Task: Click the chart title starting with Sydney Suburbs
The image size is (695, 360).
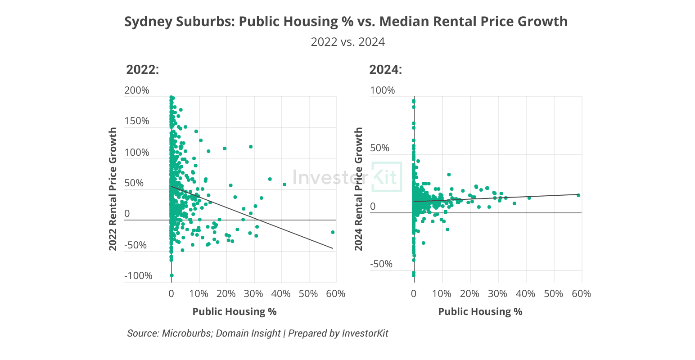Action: [346, 22]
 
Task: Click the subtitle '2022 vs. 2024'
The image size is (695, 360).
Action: [347, 42]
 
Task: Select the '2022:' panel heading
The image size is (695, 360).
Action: [142, 70]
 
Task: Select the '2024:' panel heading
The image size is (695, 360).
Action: [385, 70]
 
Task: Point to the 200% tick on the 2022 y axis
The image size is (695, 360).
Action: [136, 90]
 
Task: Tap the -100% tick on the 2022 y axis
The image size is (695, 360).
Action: [138, 276]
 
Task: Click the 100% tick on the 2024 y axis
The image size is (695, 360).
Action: [382, 90]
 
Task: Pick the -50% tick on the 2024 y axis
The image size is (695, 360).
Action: [381, 264]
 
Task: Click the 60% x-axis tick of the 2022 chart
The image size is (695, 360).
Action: [336, 294]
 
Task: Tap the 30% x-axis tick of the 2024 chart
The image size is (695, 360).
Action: [497, 294]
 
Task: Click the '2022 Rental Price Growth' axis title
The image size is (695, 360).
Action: [113, 189]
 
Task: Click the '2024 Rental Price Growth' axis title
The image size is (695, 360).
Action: [359, 189]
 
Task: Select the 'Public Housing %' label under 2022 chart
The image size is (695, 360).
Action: [235, 311]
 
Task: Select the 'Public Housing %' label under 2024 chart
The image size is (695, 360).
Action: [480, 311]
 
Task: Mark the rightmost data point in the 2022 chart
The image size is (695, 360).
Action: [333, 232]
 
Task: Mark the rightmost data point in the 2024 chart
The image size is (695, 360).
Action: [578, 195]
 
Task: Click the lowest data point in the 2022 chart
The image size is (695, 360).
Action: [171, 275]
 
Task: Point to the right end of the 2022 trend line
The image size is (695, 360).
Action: [333, 248]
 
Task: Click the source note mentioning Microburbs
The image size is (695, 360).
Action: [257, 333]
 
